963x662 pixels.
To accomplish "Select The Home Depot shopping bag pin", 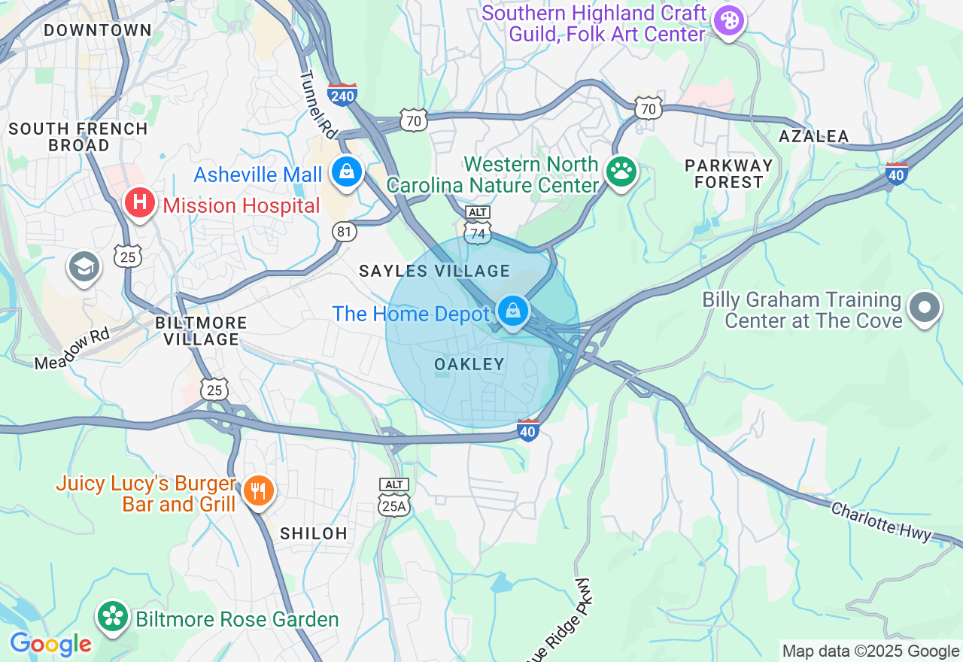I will point(513,311).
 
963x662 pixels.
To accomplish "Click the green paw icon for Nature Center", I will point(621,172).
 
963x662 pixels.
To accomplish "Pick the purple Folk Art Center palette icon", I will point(728,20).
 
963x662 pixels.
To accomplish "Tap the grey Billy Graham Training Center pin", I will point(925,308).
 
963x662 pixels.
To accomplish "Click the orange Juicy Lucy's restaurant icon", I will point(258,491).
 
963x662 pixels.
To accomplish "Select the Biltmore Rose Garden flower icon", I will point(113,617).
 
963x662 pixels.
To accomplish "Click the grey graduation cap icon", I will point(84,267).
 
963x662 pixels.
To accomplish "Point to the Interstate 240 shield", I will point(342,94).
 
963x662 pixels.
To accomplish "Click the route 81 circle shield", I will point(345,232).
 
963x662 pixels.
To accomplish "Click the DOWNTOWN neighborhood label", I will point(98,31).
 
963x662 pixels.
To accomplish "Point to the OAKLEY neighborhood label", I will point(469,365).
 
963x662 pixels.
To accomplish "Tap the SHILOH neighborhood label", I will point(314,533).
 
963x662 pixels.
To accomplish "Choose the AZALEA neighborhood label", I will point(814,136).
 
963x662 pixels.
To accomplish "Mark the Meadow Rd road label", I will point(72,349).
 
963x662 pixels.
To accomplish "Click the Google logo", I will point(50,644).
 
